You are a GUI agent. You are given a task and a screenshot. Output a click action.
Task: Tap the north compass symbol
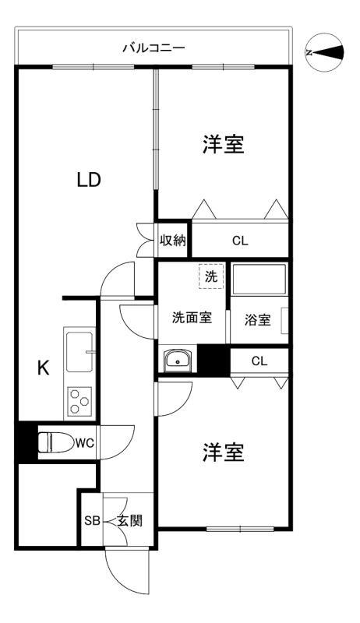coord(325,51)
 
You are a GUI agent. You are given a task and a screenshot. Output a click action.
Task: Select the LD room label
coord(88,180)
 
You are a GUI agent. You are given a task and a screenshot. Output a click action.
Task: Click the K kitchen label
coord(44,368)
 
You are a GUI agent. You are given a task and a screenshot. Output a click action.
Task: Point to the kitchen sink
coord(79,351)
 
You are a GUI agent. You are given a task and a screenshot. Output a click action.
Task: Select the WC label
coord(85,442)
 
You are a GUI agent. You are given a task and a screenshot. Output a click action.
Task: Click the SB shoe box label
coord(91,520)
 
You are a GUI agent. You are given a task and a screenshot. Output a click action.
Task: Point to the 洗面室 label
coord(192,318)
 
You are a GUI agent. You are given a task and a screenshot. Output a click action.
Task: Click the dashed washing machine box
coord(210,276)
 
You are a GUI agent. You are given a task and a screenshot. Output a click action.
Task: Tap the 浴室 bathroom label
coord(258,319)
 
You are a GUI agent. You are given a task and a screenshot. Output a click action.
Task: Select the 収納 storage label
coord(173,240)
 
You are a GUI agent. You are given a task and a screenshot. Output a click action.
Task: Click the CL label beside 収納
coord(239,241)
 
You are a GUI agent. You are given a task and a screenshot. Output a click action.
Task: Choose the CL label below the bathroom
coord(259,361)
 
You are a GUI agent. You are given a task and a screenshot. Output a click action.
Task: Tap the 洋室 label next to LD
coord(224,145)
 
